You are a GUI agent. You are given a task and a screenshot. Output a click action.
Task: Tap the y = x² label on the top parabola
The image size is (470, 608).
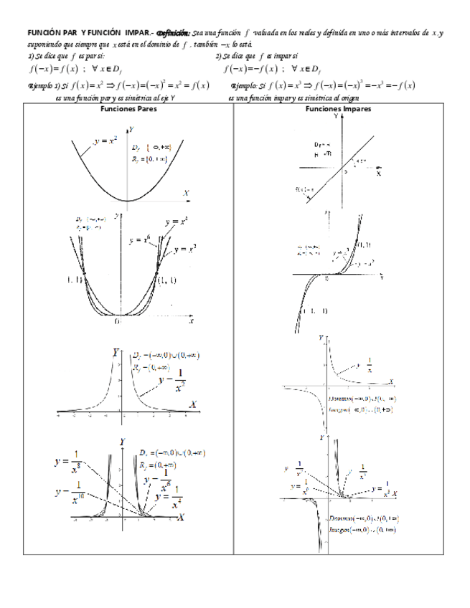[105, 141]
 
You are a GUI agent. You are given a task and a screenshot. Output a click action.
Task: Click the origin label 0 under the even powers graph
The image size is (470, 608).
[117, 322]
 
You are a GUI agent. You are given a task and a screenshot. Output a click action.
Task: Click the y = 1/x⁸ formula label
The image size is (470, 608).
[69, 465]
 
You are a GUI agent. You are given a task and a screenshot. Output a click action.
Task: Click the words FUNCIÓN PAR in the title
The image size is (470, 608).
[52, 33]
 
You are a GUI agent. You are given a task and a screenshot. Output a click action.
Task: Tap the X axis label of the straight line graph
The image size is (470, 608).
[378, 174]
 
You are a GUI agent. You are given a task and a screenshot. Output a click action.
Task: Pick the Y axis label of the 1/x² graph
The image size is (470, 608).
[116, 353]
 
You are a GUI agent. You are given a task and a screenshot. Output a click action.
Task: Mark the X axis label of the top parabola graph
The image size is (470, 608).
[186, 194]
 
